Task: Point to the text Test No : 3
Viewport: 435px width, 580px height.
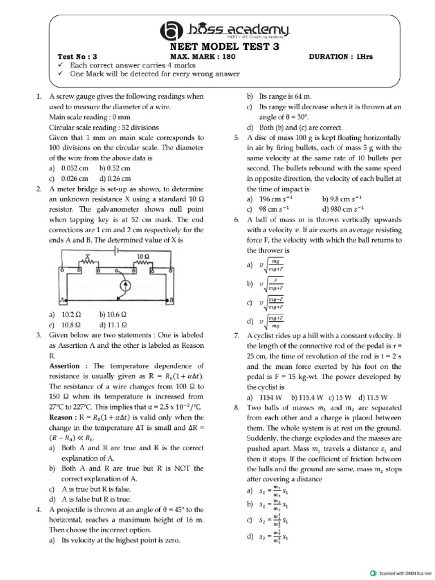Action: tap(78, 57)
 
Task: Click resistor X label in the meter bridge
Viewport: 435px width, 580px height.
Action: tap(88, 257)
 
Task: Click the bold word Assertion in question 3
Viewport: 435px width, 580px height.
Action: tap(68, 366)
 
